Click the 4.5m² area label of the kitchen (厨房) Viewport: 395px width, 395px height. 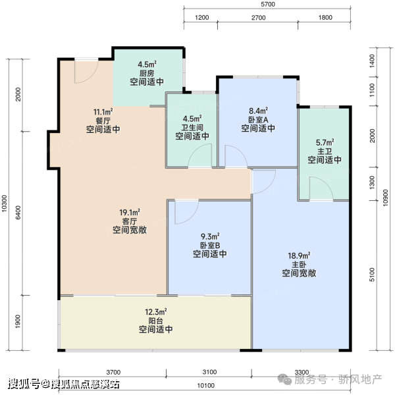coord(147,65)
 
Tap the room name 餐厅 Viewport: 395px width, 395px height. coord(103,120)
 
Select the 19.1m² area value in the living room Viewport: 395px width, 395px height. coord(130,213)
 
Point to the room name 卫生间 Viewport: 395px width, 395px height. coord(192,127)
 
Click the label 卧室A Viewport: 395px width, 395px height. coord(258,119)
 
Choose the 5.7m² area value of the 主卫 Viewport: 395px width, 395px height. coord(325,143)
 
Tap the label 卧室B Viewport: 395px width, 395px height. coord(210,245)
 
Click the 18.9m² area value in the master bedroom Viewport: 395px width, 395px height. coord(299,255)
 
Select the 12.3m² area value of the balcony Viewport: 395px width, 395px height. coord(156,312)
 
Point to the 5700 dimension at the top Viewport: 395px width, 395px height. coord(268,5)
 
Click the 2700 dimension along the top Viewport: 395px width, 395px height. coord(259,18)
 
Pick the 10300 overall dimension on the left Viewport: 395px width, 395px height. coord(5,203)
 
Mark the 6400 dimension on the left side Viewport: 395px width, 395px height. coord(18,213)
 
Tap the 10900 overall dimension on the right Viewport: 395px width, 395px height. coord(385,198)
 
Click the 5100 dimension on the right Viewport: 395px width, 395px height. coord(372,275)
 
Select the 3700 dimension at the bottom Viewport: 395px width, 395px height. coord(113,372)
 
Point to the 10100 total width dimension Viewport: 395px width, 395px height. coord(206,386)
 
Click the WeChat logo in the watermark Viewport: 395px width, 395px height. coord(284,379)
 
